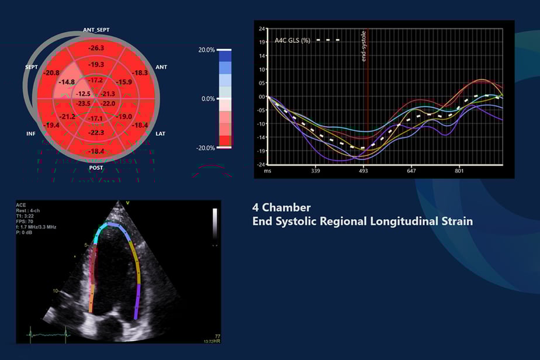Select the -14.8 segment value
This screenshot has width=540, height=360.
pos(66,82)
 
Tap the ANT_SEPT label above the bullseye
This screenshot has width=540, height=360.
pos(96,30)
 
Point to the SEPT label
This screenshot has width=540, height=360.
pos(32,67)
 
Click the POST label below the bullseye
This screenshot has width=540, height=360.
pos(96,168)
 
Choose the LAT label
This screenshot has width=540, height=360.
pos(161,134)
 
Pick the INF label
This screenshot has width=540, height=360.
pos(31,134)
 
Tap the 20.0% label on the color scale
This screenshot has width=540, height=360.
pos(206,50)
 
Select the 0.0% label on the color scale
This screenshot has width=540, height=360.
pos(207,99)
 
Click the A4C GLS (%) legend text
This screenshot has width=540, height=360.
pos(292,41)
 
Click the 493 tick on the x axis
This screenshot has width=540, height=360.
pos(364,171)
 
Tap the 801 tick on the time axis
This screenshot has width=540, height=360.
pos(459,171)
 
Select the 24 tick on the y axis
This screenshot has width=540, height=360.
pos(262,28)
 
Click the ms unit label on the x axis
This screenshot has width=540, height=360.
pos(267,171)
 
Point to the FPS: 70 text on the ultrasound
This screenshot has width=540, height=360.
pos(27,221)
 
